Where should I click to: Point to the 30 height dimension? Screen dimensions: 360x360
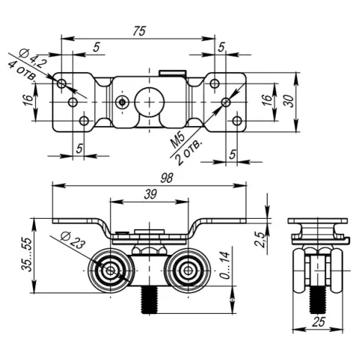point(289,102)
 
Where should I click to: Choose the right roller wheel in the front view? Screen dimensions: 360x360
point(187,271)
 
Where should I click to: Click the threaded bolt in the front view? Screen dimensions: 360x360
point(150,300)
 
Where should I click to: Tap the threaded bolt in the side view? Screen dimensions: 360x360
point(315,296)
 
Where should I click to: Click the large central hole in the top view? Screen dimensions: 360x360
point(150,102)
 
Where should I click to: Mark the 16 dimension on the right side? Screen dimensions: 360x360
point(264,100)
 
